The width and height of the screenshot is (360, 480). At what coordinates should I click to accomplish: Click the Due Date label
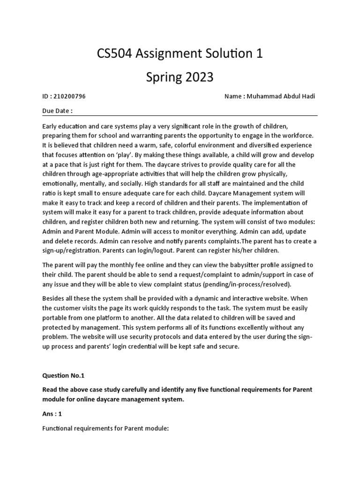57,112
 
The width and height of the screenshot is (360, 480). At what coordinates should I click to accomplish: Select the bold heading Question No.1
63,375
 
